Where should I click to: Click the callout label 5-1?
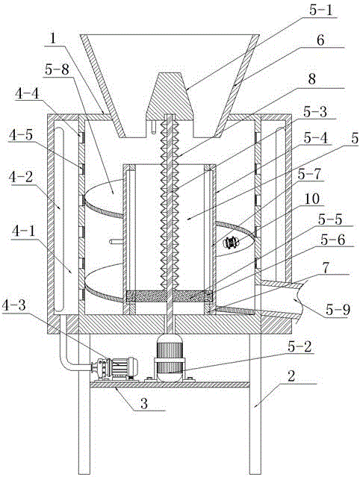point(320,11)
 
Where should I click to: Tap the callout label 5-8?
point(57,70)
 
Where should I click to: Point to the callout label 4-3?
point(14,306)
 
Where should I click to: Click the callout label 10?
point(312,199)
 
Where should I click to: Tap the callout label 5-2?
point(300,347)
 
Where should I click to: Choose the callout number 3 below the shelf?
point(144,403)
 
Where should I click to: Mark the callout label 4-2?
point(21,177)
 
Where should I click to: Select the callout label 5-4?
point(316,138)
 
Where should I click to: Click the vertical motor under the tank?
point(170,358)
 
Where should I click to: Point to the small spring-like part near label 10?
point(232,243)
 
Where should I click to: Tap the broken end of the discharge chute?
point(300,301)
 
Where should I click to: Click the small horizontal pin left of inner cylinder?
point(117,242)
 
